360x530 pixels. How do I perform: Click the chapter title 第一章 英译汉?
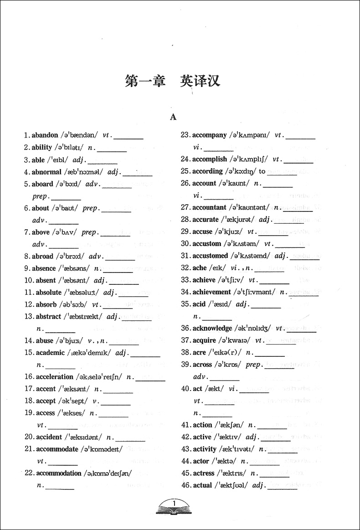(173, 82)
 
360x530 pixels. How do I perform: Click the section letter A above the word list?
(173, 117)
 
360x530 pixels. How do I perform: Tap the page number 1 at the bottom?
(174, 503)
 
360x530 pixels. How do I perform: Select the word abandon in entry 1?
(45, 135)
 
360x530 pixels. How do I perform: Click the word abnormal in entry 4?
(46, 172)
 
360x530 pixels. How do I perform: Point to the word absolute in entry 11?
(48, 292)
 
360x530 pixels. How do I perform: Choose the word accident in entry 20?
(49, 437)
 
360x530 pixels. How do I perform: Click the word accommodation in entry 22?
(58, 473)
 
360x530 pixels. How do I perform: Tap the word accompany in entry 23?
(209, 135)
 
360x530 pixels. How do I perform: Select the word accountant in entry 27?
(209, 207)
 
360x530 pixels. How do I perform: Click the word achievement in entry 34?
(211, 292)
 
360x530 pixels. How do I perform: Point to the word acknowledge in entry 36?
(212, 328)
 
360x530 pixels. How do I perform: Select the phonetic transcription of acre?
(225, 352)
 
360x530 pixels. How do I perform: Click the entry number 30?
(185, 243)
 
